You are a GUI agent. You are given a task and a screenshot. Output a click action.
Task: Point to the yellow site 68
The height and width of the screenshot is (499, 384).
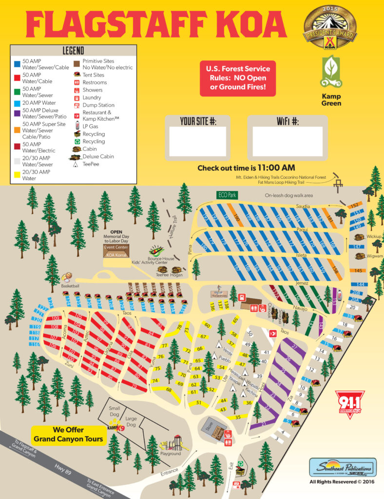point(169,390)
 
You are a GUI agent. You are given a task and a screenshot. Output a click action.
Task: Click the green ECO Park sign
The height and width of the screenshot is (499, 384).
point(226,195)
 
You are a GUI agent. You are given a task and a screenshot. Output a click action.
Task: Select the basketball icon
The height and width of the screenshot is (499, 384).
point(67,278)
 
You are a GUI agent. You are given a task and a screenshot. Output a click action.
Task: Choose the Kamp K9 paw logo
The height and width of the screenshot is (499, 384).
point(114,428)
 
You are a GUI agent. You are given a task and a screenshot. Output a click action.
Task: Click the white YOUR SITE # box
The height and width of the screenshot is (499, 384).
point(198,141)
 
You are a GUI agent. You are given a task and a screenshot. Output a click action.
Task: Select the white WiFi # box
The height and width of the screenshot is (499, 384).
point(287,141)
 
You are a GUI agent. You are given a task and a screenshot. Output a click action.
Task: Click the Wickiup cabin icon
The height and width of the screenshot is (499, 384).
point(359,237)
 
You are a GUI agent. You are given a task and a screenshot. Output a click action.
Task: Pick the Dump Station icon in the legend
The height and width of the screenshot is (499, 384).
point(77,105)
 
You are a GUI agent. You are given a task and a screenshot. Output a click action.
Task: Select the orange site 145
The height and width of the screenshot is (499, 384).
point(358,270)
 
